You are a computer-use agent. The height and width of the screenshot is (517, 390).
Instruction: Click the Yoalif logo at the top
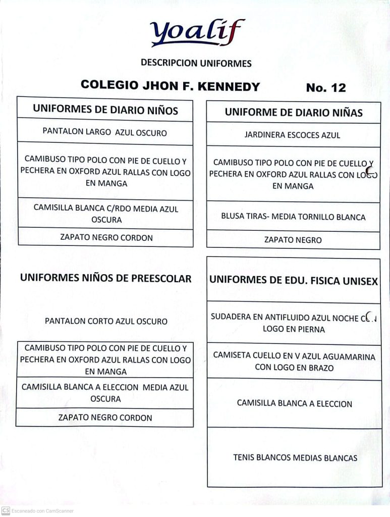tap(197, 33)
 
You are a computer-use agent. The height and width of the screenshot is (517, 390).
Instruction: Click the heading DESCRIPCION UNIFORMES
tap(196, 64)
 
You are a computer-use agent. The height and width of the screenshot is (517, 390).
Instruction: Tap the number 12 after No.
tap(338, 88)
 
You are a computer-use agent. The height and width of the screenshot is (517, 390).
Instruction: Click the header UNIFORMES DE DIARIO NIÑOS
tap(105, 110)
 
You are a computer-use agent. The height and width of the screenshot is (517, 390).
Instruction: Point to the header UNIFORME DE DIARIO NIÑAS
tap(293, 113)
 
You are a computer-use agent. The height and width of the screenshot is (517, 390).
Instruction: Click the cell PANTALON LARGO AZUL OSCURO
tap(104, 132)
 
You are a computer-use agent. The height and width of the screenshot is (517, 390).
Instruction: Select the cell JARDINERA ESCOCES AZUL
tap(292, 135)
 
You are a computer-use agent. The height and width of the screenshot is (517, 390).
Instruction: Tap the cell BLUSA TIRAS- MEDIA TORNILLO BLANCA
tap(293, 217)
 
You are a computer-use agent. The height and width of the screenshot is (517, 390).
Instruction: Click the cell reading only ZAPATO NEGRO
tap(293, 240)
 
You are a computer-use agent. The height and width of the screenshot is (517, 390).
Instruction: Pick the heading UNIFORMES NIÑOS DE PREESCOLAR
tap(105, 278)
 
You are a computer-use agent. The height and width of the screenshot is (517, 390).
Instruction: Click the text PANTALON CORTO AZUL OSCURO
tap(106, 321)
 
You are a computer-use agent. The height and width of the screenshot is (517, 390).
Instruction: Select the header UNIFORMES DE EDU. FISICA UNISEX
tap(293, 281)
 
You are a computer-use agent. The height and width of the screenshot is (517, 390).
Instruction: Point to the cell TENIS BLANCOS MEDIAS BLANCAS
tap(295, 458)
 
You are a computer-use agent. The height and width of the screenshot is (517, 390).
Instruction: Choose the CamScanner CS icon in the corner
tap(6, 510)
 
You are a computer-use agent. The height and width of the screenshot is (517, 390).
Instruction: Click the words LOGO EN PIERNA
tap(294, 329)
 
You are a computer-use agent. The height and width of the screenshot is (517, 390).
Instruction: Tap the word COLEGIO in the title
tap(109, 85)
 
